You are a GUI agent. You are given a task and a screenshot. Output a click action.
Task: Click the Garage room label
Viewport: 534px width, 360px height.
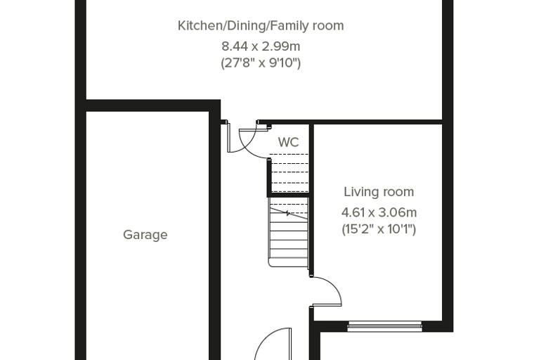[145, 235]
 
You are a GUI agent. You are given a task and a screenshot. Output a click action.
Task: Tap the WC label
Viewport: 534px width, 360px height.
[289, 142]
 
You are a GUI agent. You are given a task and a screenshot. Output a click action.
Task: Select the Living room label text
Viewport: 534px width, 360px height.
[379, 192]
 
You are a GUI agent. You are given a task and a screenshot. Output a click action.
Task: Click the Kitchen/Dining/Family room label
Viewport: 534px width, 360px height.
[261, 26]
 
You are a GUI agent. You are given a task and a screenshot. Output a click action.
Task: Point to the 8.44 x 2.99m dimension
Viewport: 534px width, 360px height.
[261, 46]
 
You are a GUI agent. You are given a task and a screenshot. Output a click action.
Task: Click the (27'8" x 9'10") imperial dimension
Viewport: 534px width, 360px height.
[261, 63]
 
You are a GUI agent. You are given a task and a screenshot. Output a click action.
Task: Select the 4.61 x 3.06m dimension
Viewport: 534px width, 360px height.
[379, 213]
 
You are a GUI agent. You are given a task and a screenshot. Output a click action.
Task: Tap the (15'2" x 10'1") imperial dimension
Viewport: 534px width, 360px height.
[379, 229]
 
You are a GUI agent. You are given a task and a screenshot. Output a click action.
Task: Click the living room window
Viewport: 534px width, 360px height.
[384, 326]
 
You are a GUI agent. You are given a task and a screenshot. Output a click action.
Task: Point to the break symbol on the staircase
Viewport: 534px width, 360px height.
[288, 214]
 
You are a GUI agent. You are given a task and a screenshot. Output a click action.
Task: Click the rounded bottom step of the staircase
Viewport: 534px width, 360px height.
[288, 262]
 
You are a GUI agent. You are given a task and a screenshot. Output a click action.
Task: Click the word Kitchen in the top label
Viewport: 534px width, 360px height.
[200, 26]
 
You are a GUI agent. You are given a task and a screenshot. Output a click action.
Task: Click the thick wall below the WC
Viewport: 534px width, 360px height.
[288, 195]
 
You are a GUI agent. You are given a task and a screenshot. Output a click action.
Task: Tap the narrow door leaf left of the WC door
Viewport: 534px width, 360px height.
[228, 138]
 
